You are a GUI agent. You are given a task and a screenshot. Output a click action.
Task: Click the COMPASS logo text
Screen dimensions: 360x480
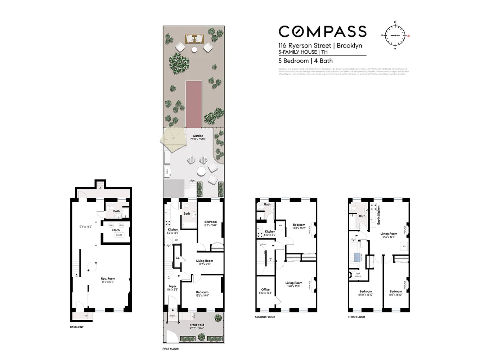pyautogui.click(x=322, y=32)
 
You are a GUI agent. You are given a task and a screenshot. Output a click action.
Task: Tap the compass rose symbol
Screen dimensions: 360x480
pyautogui.click(x=395, y=35)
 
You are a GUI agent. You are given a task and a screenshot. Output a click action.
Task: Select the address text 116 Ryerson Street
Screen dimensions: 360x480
pyautogui.click(x=304, y=46)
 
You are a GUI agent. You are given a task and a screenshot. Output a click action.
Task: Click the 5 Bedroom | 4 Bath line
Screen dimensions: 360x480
pyautogui.click(x=305, y=61)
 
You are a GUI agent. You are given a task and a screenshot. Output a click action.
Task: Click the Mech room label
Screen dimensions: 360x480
pyautogui.click(x=116, y=230)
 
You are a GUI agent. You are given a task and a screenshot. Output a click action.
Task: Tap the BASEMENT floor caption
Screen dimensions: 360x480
pyautogui.click(x=77, y=327)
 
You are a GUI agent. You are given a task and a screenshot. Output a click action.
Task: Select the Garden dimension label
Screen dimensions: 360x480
pyautogui.click(x=198, y=137)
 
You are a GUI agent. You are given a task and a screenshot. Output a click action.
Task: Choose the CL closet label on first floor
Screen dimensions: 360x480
pyautogui.click(x=178, y=258)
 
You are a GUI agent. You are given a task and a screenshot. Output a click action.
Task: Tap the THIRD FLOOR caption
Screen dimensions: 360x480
pyautogui.click(x=356, y=317)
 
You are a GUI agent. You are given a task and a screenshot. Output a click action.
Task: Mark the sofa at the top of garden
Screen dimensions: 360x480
pyautogui.click(x=194, y=39)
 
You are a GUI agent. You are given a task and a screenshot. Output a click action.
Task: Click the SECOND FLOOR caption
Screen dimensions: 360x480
pyautogui.click(x=265, y=317)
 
